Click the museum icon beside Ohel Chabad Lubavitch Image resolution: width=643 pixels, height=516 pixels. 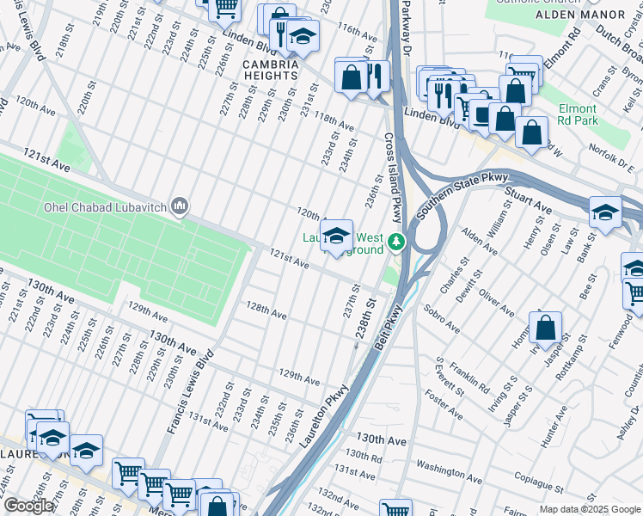click(x=180, y=206)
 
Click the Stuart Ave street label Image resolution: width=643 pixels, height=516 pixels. click(x=528, y=203)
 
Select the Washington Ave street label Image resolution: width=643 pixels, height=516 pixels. click(x=450, y=470)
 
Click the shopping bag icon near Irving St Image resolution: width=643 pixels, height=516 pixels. click(x=545, y=328)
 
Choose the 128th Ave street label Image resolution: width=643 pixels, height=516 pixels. click(x=266, y=310)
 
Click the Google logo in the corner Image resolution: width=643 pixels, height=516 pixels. click(x=28, y=506)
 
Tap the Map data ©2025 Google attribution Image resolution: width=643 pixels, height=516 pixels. click(x=590, y=509)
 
